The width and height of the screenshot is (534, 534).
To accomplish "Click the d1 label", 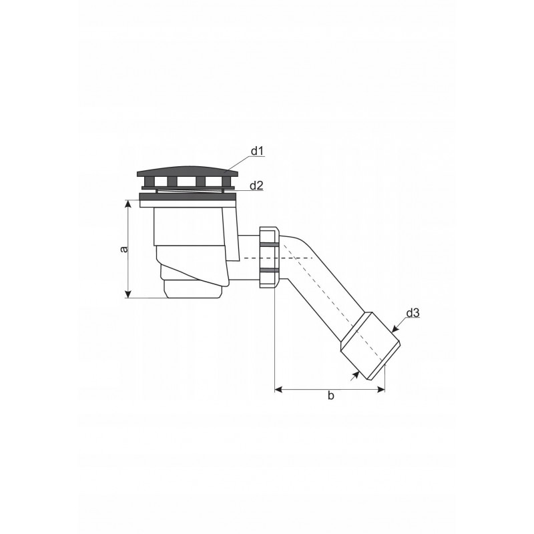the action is pos(258,151).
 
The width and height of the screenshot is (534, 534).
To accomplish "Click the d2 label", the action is pos(257,186).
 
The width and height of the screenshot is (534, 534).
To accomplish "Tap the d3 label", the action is pos(413,312).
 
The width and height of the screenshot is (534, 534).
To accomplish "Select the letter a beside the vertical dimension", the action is pos(125,249).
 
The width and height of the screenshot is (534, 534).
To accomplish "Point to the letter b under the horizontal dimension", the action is pos(330,395).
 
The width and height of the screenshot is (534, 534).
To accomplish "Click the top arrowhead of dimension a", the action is pos(128,204).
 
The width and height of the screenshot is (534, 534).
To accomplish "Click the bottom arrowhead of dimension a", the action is pos(128,294).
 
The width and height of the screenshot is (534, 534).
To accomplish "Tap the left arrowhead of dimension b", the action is pos(278,390).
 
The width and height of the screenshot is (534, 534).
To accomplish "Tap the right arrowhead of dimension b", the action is pos(380,390).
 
